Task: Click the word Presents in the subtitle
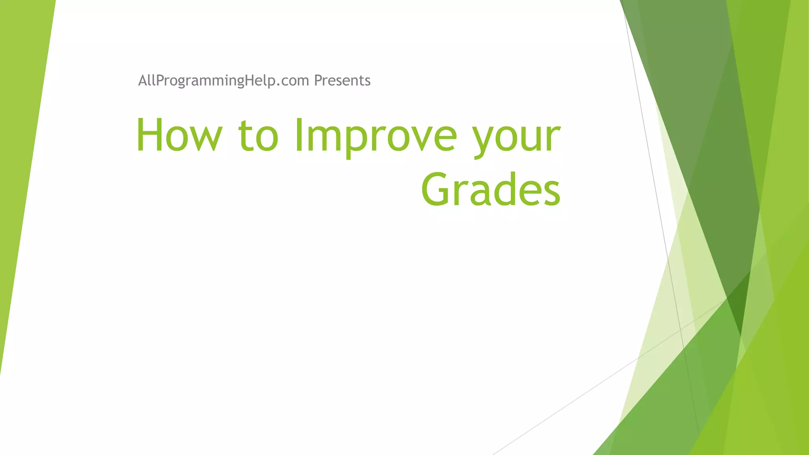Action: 342,81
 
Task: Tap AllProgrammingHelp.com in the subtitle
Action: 223,81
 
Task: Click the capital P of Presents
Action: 318,81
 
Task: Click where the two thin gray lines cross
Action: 680,329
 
